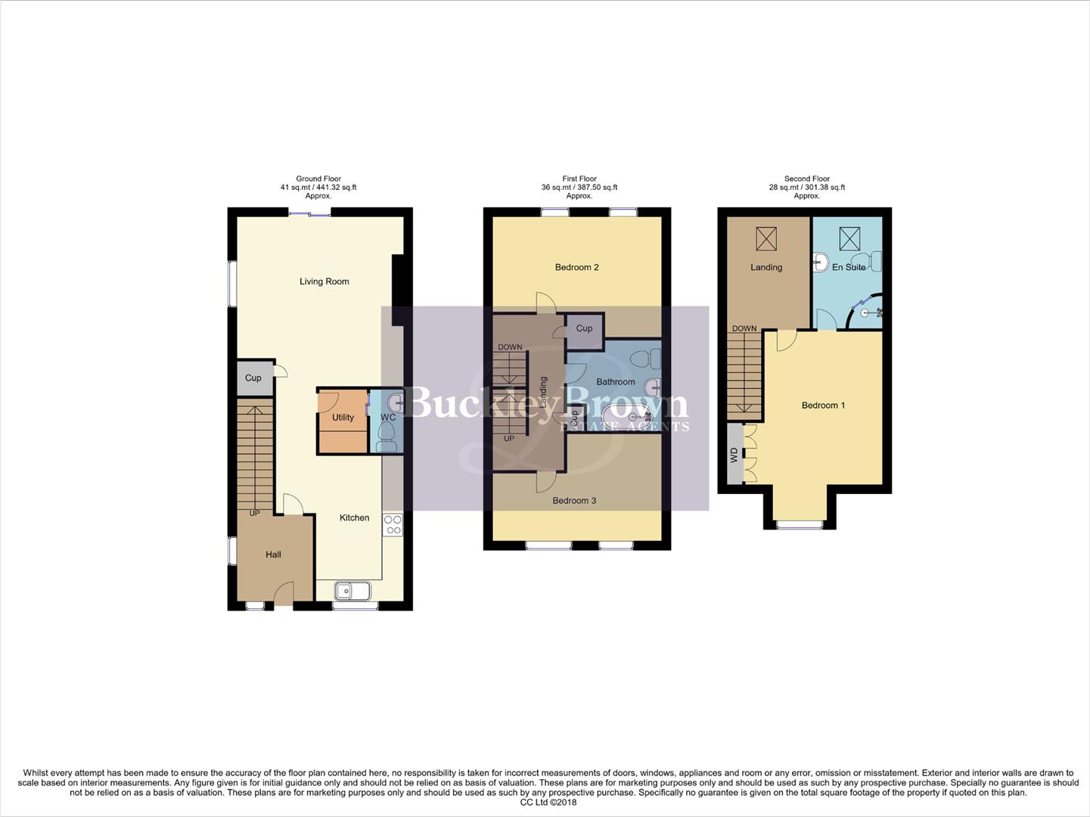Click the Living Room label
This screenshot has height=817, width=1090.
[x=324, y=281]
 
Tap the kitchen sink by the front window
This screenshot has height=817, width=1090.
[x=352, y=590]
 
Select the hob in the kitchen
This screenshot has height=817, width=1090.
[x=393, y=524]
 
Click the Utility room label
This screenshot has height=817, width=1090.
[x=343, y=418]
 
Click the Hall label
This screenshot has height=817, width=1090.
[x=273, y=555]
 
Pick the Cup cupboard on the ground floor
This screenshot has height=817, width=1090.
[x=253, y=377]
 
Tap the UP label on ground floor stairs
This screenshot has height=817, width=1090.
[x=254, y=513]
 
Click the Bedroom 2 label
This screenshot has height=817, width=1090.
[x=576, y=267]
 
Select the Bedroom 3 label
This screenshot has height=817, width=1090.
[x=574, y=500]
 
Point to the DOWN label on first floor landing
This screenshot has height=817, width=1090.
[x=510, y=347]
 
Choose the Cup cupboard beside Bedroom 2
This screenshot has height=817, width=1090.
[x=584, y=328]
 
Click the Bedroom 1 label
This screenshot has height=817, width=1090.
[x=823, y=405]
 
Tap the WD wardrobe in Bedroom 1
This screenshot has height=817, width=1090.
[x=734, y=454]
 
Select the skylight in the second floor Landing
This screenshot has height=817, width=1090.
[x=766, y=239]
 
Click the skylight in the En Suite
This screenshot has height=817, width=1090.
[x=849, y=239]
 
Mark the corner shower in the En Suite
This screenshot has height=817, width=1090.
[x=867, y=311]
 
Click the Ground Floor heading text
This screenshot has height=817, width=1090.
[x=318, y=179]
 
